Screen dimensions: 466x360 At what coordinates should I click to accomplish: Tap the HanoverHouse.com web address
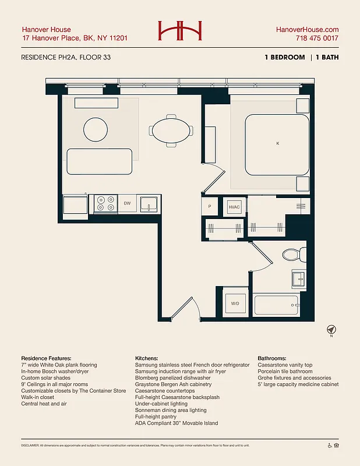coord(306,29)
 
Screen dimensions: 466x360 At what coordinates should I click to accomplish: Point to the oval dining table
coord(172,131)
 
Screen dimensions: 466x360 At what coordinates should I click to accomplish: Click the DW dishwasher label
coord(127,203)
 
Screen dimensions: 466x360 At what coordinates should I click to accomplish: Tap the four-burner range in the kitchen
coord(105,203)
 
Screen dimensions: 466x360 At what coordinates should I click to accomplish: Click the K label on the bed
coord(277,143)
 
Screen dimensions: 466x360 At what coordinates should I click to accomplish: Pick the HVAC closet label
coord(234,207)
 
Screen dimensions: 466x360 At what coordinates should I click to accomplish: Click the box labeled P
coord(210,207)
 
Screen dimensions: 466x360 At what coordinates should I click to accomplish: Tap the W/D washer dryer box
coord(235,303)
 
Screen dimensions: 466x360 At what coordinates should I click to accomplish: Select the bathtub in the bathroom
coord(276,304)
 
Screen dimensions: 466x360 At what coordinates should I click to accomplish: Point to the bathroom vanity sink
coord(297,278)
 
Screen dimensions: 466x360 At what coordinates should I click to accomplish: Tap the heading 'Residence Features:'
coord(46,358)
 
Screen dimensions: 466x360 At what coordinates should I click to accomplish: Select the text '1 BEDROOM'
coord(285,57)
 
